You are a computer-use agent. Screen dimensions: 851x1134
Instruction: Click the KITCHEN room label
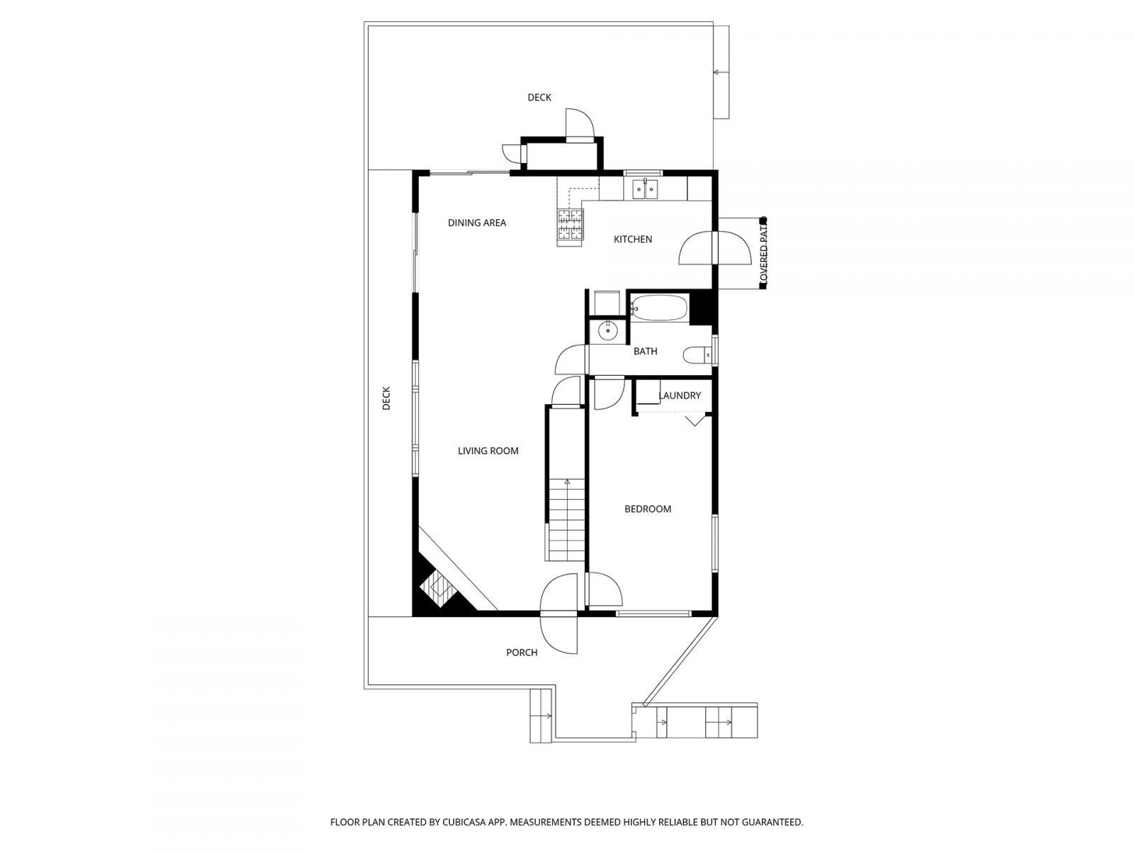point(632,240)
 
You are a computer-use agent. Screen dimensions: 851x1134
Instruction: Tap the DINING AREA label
point(477,223)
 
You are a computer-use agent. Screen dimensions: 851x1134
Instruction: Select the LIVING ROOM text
point(488,451)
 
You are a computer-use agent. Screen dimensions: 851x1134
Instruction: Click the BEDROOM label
point(647,509)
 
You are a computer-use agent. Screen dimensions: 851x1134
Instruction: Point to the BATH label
point(645,352)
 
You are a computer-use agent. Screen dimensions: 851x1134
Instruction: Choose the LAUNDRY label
point(679,396)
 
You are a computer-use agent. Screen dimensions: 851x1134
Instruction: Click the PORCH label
point(522,652)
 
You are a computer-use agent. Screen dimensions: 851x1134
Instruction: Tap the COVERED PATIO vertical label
point(763,252)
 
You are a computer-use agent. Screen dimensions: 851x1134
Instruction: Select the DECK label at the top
point(539,98)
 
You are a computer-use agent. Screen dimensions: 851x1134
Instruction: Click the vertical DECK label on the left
point(386,399)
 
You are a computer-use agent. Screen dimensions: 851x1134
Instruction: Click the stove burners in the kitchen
point(570,226)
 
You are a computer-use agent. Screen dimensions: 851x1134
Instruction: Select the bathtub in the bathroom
point(659,308)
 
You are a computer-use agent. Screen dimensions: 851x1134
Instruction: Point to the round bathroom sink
point(607,330)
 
